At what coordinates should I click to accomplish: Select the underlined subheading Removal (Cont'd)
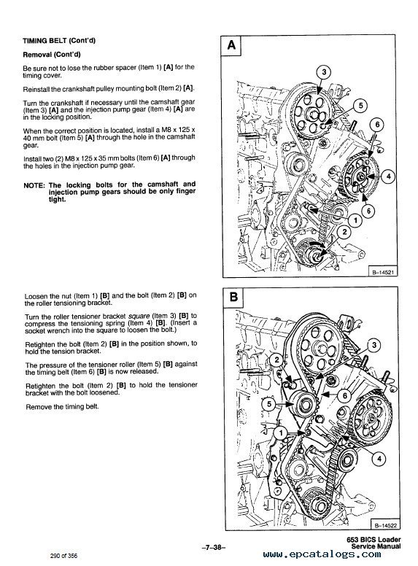(x=52, y=55)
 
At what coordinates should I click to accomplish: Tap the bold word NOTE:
(x=34, y=185)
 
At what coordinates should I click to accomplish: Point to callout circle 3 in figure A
(x=325, y=70)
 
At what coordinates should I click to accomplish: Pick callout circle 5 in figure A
(x=360, y=106)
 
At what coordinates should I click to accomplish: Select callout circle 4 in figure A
(x=389, y=176)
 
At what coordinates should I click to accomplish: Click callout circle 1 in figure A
(x=355, y=218)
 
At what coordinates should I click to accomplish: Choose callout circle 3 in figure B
(x=373, y=344)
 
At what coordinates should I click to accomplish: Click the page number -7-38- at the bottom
(x=207, y=543)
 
